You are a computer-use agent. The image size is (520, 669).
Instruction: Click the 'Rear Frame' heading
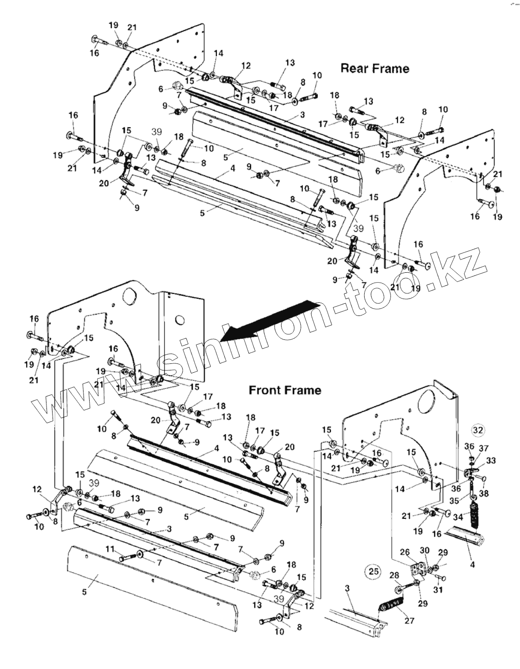[375, 69]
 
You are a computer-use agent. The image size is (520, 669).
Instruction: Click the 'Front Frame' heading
[285, 390]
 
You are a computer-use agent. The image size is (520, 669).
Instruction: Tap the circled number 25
[374, 572]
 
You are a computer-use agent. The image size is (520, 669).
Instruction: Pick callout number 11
[109, 548]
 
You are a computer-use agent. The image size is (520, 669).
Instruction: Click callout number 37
[484, 448]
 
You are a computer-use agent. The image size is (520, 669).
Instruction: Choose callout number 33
[491, 461]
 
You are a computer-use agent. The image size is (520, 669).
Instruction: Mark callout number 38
[484, 493]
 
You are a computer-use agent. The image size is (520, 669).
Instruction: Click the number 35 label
[454, 500]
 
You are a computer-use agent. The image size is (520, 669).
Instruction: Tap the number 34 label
[458, 517]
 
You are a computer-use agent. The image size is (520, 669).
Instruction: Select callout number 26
[405, 552]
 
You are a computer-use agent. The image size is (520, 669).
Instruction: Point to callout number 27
[409, 620]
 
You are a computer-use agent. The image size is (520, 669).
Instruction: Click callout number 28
[394, 575]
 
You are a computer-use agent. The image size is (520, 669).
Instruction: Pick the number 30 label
[424, 550]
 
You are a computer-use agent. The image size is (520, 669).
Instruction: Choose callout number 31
[437, 590]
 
